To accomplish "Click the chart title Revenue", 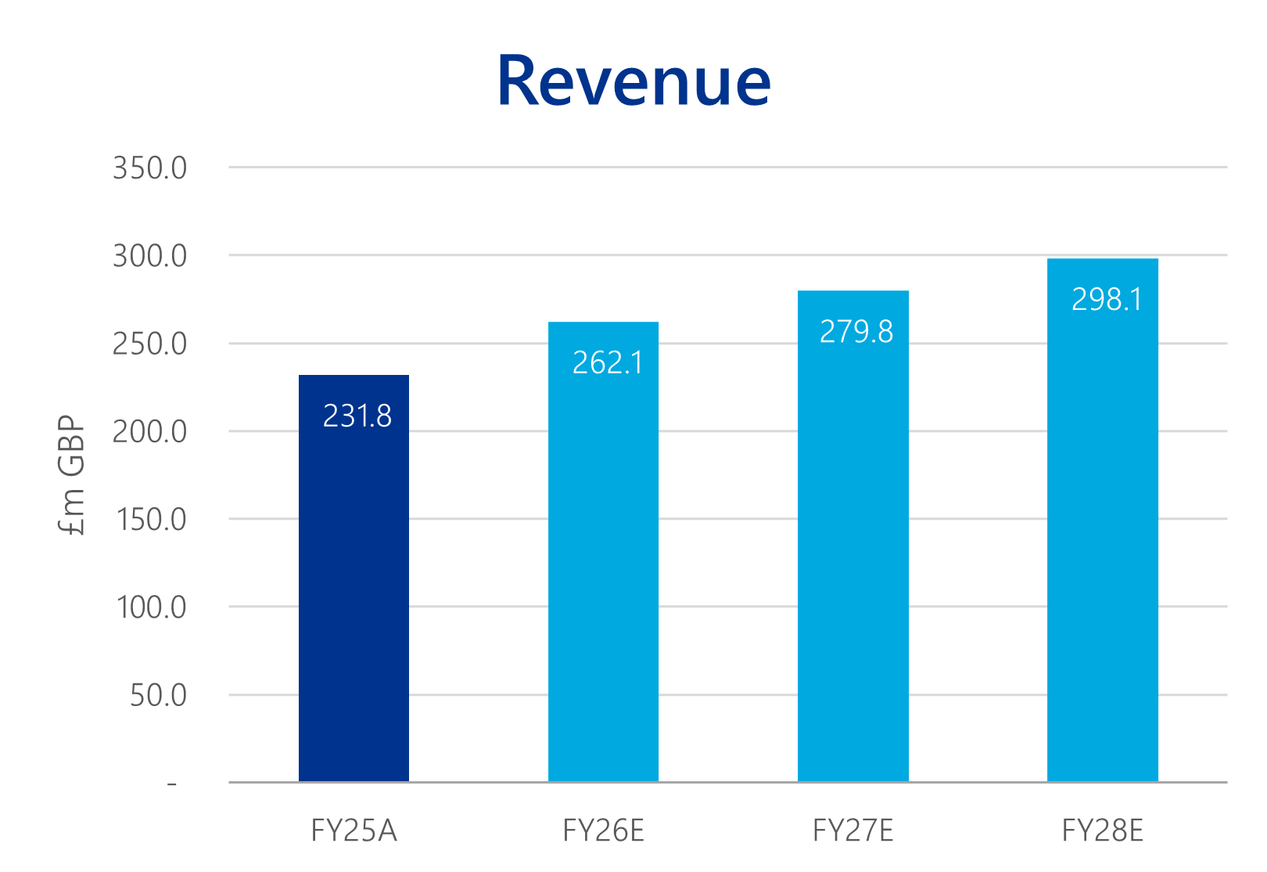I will (x=633, y=81).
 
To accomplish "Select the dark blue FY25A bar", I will (x=354, y=595).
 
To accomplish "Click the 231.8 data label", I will (x=357, y=416).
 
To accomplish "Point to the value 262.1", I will (x=607, y=363).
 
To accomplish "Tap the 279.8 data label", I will (x=856, y=332).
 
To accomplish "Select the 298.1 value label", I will (x=1106, y=300).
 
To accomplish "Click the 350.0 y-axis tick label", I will (x=150, y=168).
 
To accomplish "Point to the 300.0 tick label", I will (x=150, y=256).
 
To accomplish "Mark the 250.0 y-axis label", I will (x=150, y=344).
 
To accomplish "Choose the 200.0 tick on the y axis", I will (x=150, y=431).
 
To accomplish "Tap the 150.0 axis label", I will (x=152, y=520).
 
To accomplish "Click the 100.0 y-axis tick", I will (x=152, y=607).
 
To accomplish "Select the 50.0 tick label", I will (x=159, y=695).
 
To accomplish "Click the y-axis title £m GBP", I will (x=72, y=475).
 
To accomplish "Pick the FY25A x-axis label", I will (x=354, y=831).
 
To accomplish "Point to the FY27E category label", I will (x=853, y=831).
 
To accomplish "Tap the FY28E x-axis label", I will (x=1103, y=831).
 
